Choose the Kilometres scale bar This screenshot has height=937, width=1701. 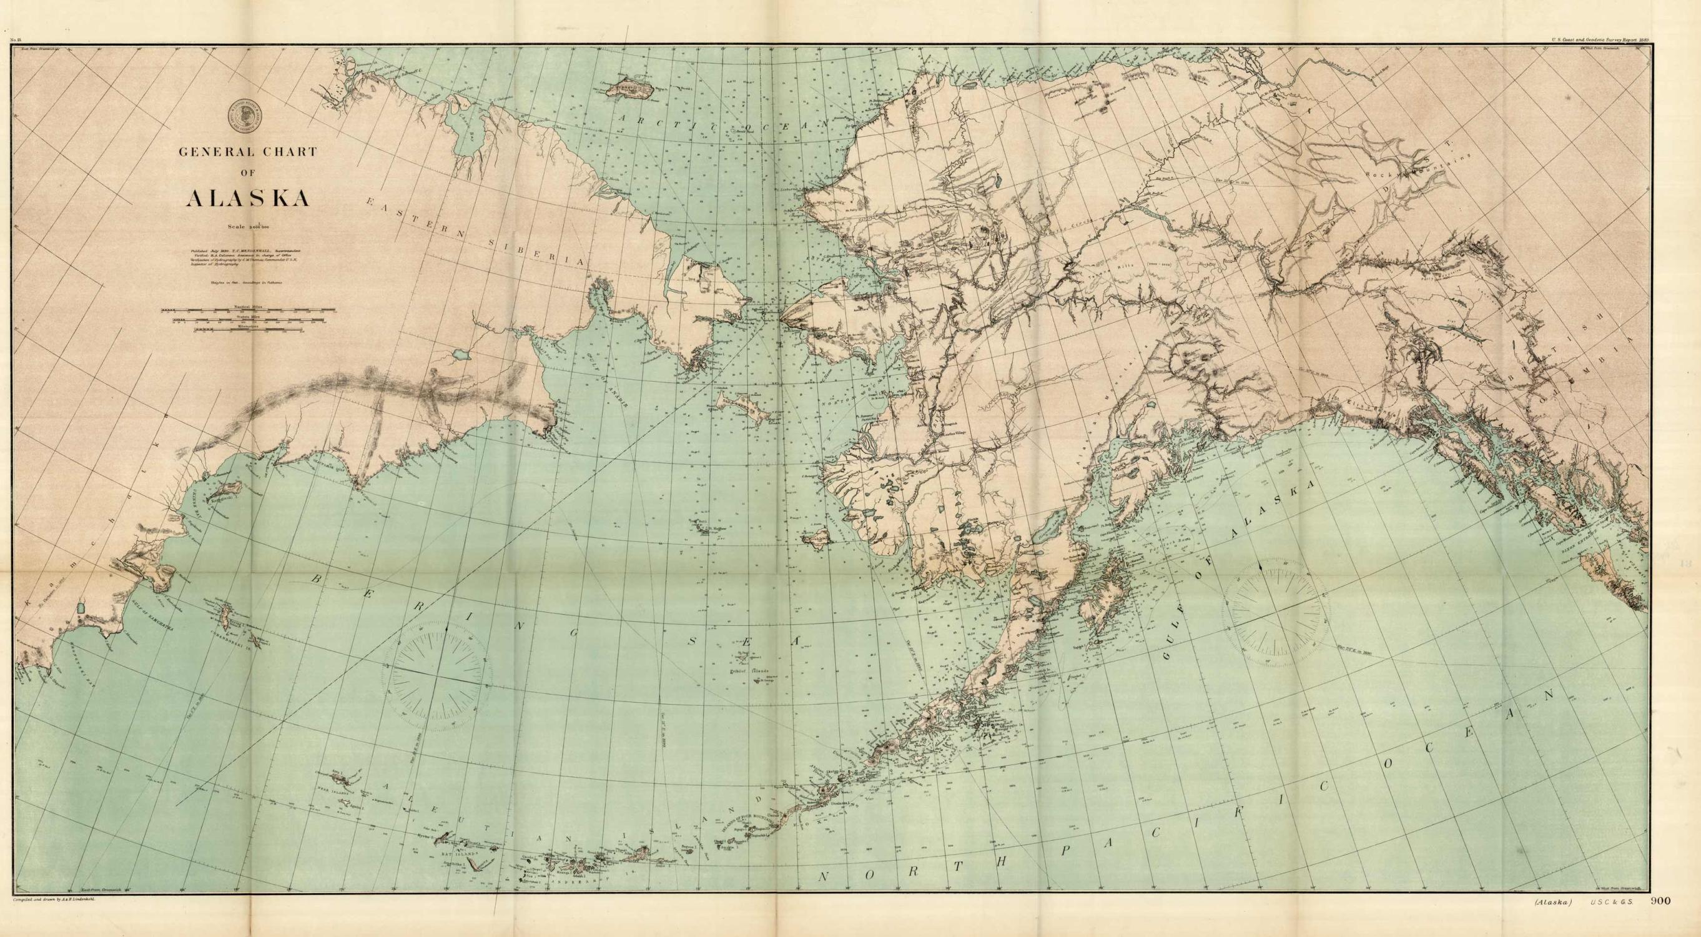click(x=249, y=328)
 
